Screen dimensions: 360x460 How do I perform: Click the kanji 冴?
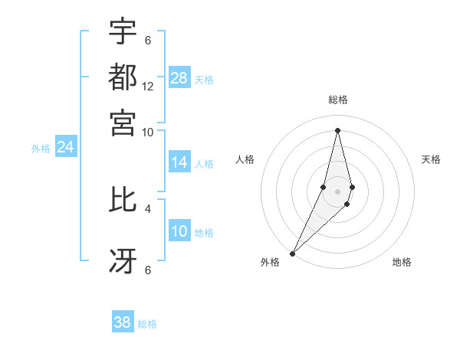pyautogui.click(x=123, y=260)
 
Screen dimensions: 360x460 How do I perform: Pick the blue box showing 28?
pyautogui.click(x=179, y=78)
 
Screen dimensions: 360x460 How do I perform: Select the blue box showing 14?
pyautogui.click(x=179, y=162)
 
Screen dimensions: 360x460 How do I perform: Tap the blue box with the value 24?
pyautogui.click(x=65, y=147)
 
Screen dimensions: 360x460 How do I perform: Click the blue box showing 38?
pyautogui.click(x=123, y=322)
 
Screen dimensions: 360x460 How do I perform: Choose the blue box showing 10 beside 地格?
pyautogui.click(x=179, y=232)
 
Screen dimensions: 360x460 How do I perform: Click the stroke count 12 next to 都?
pyautogui.click(x=148, y=87)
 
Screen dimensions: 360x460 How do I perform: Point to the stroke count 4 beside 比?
pyautogui.click(x=148, y=208)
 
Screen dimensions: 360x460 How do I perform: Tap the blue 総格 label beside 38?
pyautogui.click(x=147, y=324)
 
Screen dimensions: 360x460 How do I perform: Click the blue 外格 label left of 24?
pyautogui.click(x=41, y=149)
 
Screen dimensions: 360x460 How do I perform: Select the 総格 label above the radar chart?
pyautogui.click(x=338, y=100)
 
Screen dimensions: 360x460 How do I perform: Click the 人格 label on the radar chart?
pyautogui.click(x=245, y=159)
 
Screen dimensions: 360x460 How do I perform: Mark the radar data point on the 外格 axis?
pyautogui.click(x=293, y=253)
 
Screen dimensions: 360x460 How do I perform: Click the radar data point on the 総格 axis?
pyautogui.click(x=337, y=129)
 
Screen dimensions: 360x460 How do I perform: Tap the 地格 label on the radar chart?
pyautogui.click(x=402, y=263)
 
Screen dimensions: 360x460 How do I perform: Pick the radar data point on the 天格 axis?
pyautogui.click(x=352, y=188)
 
